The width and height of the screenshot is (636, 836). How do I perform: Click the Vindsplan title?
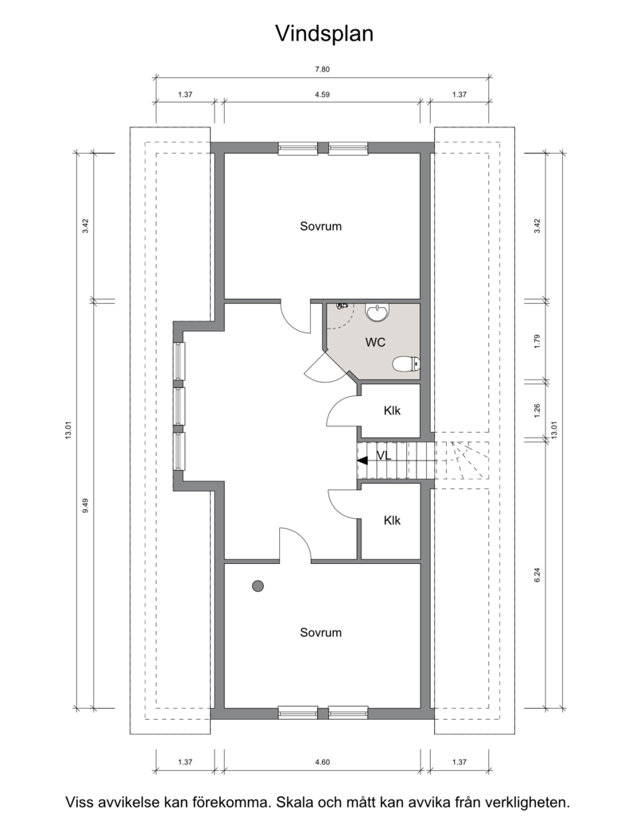click(324, 33)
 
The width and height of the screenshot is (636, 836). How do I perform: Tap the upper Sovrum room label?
click(320, 226)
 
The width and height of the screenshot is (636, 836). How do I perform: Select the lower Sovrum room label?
click(320, 632)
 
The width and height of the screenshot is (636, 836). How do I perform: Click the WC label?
click(375, 342)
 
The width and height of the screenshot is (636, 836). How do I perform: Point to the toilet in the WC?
click(407, 364)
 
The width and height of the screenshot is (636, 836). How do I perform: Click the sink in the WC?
click(378, 313)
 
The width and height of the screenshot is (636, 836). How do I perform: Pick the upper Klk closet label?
click(392, 410)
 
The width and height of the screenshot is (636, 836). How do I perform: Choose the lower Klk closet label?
click(392, 520)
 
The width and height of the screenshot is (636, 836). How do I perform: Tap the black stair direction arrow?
click(363, 461)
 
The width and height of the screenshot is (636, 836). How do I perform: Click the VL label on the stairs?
click(383, 455)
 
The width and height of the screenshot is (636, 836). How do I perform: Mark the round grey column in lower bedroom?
click(258, 586)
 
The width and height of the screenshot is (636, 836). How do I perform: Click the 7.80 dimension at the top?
click(322, 68)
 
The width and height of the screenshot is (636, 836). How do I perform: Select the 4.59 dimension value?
click(322, 95)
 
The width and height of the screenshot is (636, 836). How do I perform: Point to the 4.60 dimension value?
click(322, 762)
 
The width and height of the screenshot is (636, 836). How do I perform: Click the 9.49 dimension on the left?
click(85, 505)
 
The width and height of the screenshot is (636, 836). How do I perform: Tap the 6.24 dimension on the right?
click(537, 574)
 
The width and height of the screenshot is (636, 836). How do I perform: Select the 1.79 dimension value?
click(537, 341)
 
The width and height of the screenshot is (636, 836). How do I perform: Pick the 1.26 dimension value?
click(537, 410)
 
